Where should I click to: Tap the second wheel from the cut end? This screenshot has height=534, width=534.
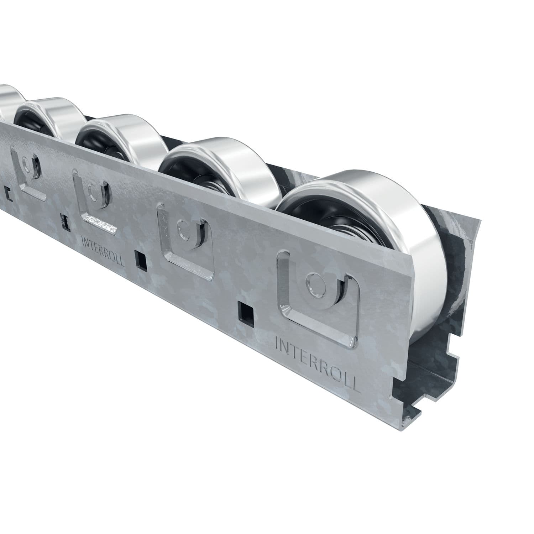221,167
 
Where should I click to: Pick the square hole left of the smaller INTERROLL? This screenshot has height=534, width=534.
65,221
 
